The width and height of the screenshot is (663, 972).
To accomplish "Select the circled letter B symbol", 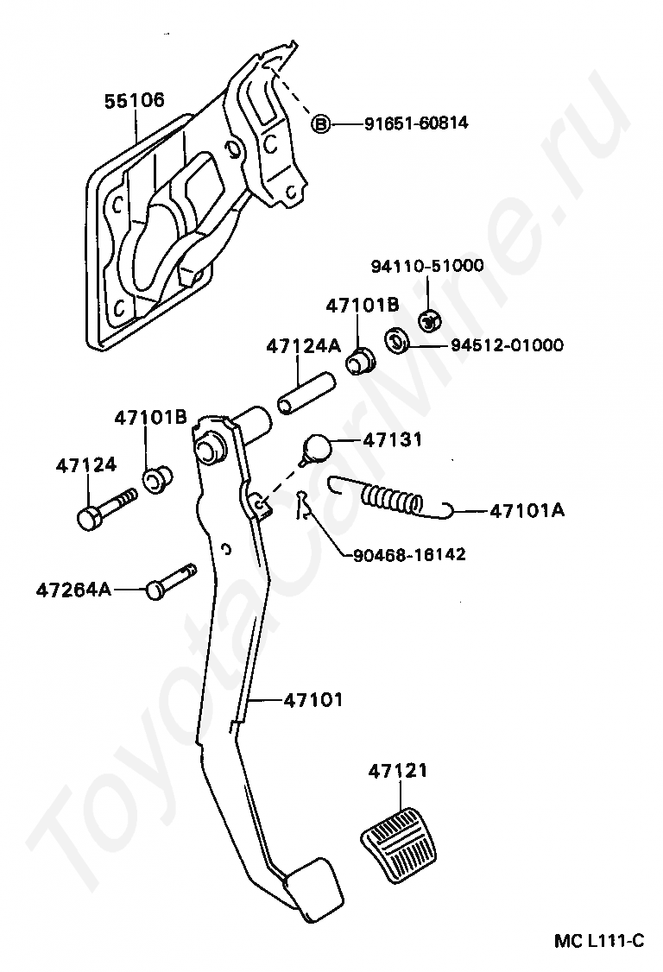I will (320, 124).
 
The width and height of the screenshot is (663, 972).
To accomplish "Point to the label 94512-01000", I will (507, 345).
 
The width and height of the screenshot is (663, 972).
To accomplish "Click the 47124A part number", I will (303, 345).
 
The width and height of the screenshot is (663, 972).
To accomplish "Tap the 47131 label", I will (393, 440).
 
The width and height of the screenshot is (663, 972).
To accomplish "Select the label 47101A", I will (527, 510).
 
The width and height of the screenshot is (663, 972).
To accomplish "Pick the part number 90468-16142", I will (409, 553).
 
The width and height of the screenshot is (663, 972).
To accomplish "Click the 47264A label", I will (74, 590).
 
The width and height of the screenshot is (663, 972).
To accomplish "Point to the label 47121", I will (398, 771).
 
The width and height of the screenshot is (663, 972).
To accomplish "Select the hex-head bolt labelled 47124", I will (104, 509).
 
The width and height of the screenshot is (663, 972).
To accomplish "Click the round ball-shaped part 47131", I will (317, 447).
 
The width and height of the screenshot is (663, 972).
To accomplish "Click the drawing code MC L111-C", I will (599, 940).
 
